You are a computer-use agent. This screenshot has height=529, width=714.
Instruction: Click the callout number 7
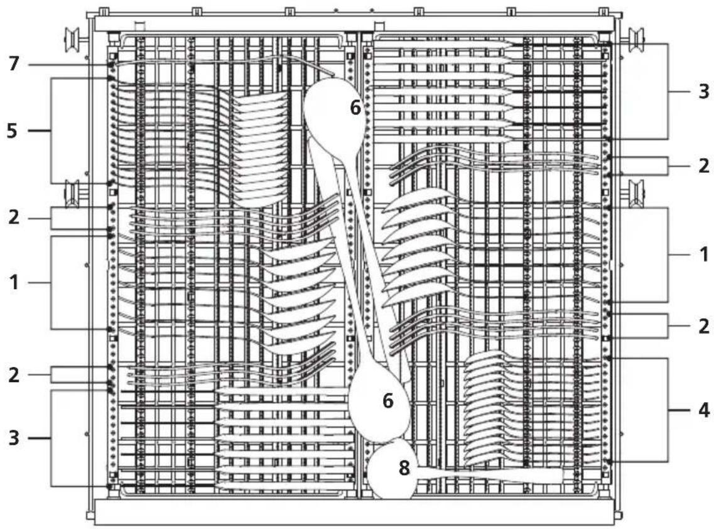tap(14, 63)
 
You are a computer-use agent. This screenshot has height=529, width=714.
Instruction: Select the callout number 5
tap(13, 131)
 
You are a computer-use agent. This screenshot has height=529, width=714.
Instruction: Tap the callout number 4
tap(703, 410)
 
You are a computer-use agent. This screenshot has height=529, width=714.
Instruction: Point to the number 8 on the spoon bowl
tap(404, 468)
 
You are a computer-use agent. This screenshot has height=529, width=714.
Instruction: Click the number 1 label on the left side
tap(14, 283)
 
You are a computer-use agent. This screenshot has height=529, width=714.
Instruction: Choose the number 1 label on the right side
tap(704, 254)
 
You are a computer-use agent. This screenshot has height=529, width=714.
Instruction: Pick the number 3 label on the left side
tap(14, 438)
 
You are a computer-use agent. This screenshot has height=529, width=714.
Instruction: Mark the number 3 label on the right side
tap(703, 91)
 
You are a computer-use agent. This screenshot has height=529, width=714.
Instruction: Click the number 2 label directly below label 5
tap(14, 217)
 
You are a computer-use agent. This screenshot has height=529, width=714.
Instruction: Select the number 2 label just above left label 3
tap(14, 375)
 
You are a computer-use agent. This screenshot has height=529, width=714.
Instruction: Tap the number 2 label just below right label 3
tap(703, 165)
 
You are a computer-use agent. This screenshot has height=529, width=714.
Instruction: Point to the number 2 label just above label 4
tap(703, 326)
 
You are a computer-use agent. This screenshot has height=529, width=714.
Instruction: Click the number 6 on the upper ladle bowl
tap(355, 107)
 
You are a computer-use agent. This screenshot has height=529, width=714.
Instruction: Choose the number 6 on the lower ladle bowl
tap(387, 400)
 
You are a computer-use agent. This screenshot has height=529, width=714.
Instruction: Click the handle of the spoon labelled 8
tap(490, 474)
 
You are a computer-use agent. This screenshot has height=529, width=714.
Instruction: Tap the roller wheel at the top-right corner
tap(636, 39)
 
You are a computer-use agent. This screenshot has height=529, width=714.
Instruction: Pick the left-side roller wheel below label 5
tap(73, 194)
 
